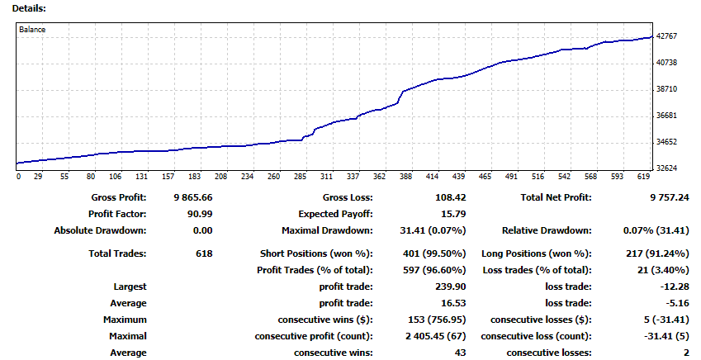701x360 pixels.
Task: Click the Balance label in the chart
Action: [x=34, y=30]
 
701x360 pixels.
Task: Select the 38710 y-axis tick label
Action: [x=666, y=89]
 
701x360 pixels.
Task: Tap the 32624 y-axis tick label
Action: [x=666, y=168]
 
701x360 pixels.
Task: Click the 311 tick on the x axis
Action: [x=326, y=177]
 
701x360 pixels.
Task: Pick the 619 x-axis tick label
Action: [x=643, y=177]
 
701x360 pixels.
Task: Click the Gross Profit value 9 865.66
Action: [x=193, y=197]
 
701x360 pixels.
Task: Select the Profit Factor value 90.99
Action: [x=199, y=214]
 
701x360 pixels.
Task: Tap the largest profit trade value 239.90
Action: [x=438, y=287]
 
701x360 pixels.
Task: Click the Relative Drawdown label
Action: [x=547, y=230]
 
